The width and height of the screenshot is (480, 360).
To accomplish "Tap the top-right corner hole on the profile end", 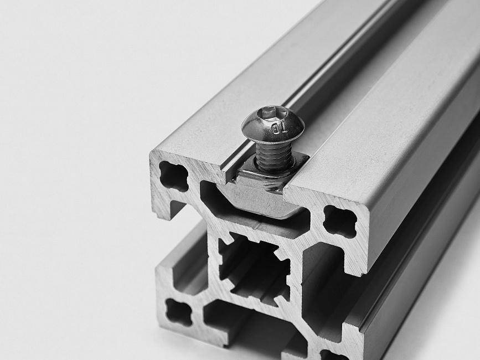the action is click(x=340, y=221).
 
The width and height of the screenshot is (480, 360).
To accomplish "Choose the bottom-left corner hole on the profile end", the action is click(x=179, y=312).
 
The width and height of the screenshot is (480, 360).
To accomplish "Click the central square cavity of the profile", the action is click(x=255, y=269).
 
